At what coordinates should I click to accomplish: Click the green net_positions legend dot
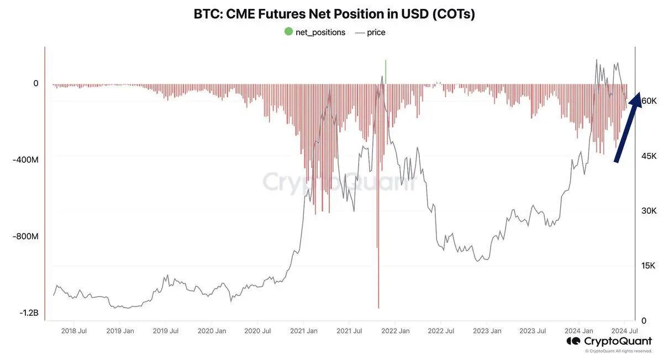(288, 32)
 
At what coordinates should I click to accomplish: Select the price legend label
(376, 32)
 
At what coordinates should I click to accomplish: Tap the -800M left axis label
(25, 236)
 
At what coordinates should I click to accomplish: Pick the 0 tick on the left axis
(36, 83)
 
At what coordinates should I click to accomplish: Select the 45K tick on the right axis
(649, 156)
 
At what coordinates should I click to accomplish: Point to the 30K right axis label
(649, 211)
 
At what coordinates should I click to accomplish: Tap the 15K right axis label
(649, 266)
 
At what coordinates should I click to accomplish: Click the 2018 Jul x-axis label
(73, 331)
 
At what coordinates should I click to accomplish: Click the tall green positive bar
(385, 72)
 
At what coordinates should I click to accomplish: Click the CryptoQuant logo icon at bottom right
(573, 341)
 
